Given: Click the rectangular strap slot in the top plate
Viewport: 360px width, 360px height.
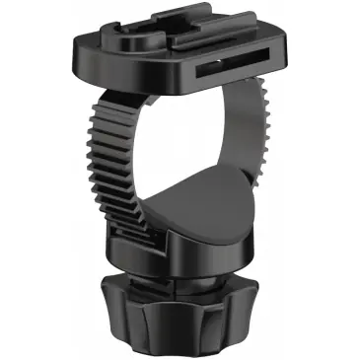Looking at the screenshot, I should coord(227,72).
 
